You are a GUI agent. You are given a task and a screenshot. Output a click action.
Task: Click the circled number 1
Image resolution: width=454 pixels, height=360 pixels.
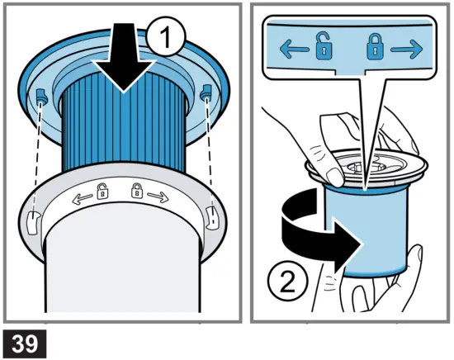coord(166,37)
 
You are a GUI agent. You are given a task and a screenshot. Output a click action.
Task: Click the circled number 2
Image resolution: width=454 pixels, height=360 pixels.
coord(287,281)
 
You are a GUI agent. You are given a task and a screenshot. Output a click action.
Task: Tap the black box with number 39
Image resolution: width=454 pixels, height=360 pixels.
coord(25,343)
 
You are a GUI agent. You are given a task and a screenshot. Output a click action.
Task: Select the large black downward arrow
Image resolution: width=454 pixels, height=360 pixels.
coord(124,58)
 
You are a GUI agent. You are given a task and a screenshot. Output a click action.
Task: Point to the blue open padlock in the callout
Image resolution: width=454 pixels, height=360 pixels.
coord(324,46)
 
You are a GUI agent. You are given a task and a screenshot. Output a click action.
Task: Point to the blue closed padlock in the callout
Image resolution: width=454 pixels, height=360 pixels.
coord(376,47)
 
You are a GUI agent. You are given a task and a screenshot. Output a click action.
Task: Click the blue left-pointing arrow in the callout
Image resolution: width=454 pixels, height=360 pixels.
coord(294,50)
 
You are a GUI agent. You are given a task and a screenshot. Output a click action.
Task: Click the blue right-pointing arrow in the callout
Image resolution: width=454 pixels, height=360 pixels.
coord(406,50)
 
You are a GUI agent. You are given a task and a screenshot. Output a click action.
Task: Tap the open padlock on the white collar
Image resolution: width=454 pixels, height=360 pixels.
coord(102,192)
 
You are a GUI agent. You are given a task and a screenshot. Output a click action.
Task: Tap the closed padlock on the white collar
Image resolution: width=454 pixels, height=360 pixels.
coord(137,191)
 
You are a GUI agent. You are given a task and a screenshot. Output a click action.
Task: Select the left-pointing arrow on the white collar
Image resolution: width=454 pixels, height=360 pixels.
coord(83,198)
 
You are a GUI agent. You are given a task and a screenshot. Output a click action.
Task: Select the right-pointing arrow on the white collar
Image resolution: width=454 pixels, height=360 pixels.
coord(158,197)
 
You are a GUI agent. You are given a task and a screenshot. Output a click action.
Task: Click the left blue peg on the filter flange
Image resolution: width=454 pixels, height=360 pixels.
coord(41,95)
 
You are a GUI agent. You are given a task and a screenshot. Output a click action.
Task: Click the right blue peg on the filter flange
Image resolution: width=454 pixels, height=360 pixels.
coord(206,92)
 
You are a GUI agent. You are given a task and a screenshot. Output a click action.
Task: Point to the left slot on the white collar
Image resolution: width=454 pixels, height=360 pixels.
coord(32,222)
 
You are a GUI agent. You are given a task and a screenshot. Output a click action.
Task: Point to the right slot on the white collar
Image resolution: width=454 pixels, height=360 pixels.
coord(211,218)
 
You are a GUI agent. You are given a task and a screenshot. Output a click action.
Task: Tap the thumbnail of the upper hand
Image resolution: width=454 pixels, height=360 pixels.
coord(334,178)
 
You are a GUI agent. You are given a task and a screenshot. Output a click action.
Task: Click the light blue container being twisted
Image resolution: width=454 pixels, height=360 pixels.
coord(367,232)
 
